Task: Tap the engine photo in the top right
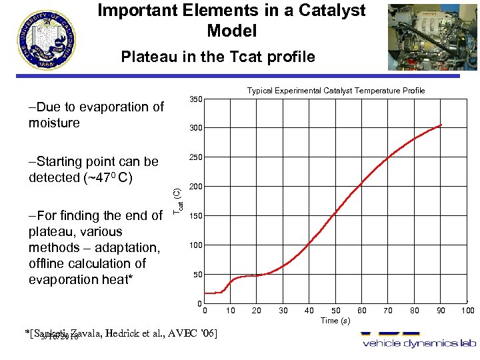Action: pos(432,36)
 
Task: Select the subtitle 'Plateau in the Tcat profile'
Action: pos(218,57)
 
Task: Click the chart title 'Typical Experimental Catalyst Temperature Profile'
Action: pos(336,91)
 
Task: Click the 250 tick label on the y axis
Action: pos(195,157)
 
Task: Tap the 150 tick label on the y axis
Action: pos(195,217)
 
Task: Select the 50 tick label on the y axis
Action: pos(197,275)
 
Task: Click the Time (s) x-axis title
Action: pos(335,321)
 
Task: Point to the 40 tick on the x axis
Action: pos(309,311)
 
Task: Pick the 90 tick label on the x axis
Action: pos(441,311)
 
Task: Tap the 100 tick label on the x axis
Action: pos(467,311)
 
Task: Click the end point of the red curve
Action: pos(441,125)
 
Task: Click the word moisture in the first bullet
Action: pos(54,123)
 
